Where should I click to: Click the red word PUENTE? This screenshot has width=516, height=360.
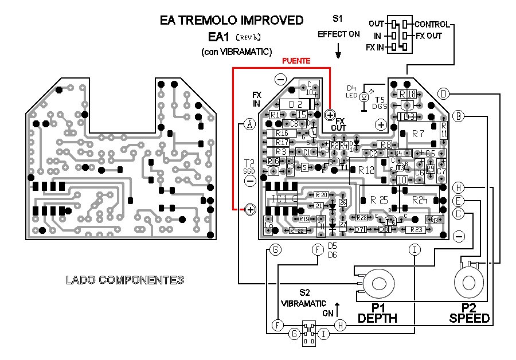[296, 60]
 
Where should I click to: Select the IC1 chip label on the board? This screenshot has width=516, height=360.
[279, 199]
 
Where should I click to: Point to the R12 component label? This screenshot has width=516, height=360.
[365, 170]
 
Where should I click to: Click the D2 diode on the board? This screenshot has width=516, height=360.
[295, 104]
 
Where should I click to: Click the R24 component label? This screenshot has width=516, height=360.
[420, 200]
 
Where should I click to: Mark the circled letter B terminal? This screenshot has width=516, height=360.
[458, 115]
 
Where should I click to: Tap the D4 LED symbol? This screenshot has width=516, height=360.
[363, 97]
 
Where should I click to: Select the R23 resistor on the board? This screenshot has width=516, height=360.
[415, 229]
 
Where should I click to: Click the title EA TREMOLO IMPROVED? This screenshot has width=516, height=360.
[232, 21]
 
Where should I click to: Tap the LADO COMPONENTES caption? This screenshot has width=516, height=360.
[125, 280]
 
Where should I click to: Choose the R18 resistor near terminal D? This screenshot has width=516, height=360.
[407, 94]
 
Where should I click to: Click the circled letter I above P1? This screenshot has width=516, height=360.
[415, 249]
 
